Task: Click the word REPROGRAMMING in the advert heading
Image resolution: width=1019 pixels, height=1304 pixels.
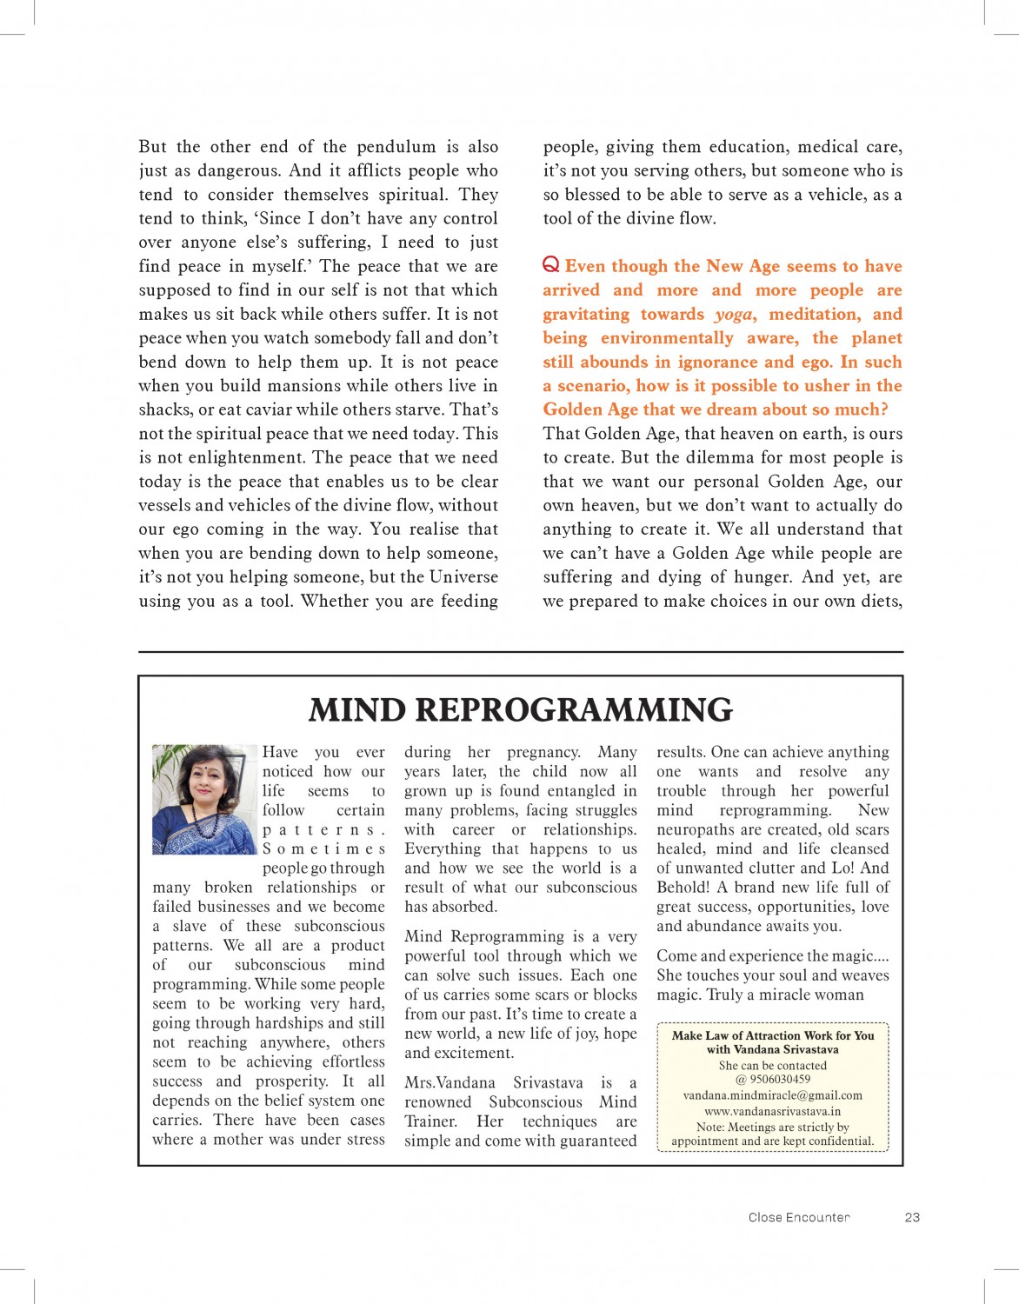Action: (574, 710)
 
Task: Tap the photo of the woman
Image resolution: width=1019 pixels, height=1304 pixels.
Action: (204, 799)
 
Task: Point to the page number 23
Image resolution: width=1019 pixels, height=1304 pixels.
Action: (912, 1217)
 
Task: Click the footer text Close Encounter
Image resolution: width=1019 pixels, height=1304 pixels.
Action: (798, 1217)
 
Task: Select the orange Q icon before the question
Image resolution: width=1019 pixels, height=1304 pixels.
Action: (550, 264)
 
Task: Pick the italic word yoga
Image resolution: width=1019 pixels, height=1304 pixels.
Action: (734, 314)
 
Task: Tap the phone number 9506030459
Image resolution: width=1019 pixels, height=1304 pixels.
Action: (780, 1079)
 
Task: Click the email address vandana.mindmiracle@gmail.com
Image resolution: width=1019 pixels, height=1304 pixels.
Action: (772, 1095)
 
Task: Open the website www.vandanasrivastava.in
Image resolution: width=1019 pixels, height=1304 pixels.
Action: (772, 1111)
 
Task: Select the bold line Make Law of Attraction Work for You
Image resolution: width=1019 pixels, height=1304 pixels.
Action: (772, 1035)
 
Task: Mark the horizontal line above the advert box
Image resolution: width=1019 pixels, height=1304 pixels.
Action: (520, 651)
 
